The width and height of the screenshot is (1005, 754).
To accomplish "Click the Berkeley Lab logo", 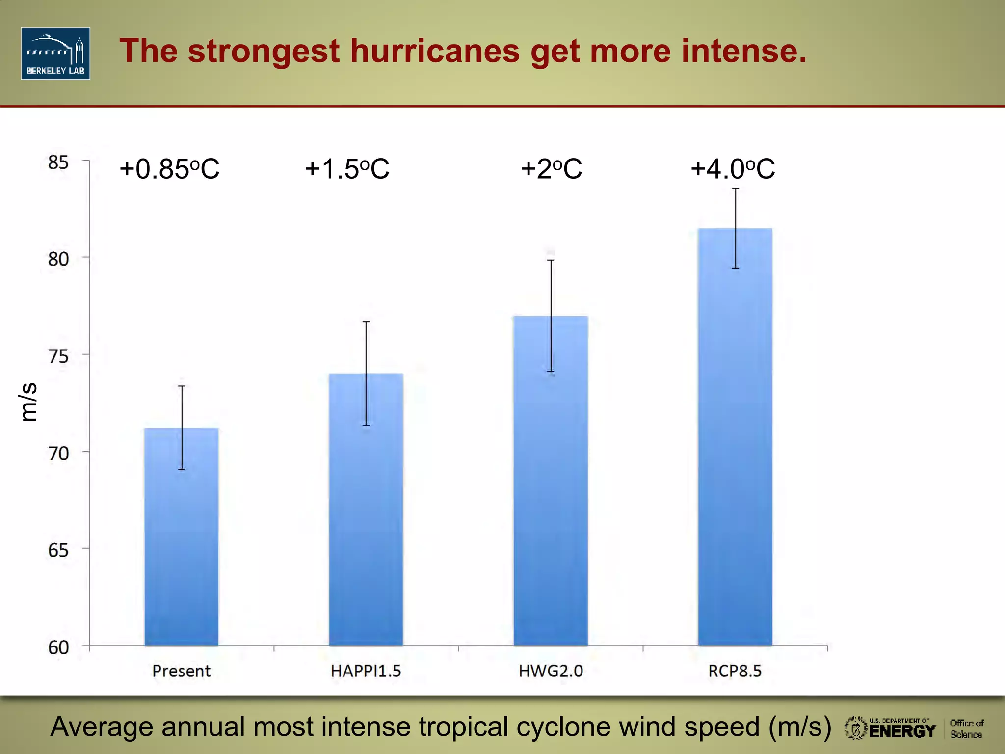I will (55, 54).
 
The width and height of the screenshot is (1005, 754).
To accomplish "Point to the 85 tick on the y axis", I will (58, 162).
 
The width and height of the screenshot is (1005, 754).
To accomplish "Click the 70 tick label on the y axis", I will (58, 453).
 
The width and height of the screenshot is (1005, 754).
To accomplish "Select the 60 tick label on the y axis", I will (58, 647).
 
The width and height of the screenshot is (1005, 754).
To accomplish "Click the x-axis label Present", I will (181, 671).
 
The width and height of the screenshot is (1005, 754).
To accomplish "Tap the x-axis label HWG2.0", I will (551, 671).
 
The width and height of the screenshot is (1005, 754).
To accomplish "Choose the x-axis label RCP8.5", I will (735, 671).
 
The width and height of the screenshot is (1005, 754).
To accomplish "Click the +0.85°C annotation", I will (169, 169).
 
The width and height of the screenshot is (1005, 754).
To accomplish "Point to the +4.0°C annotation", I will (732, 169).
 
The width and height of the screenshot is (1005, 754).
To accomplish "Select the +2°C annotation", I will (551, 169).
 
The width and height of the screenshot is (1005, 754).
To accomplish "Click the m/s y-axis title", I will (28, 402).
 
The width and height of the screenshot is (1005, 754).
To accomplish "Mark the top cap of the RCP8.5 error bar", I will (736, 189).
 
